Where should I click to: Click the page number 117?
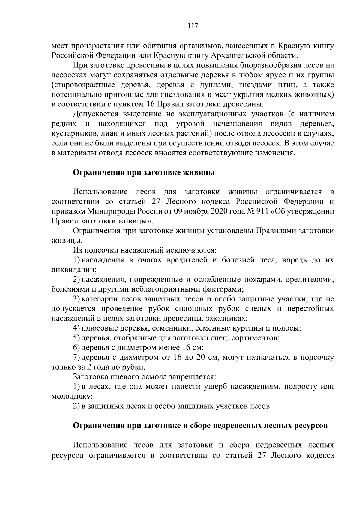click(x=193, y=26)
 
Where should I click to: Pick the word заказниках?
click(x=227, y=318)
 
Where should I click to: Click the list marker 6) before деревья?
click(x=76, y=348)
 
